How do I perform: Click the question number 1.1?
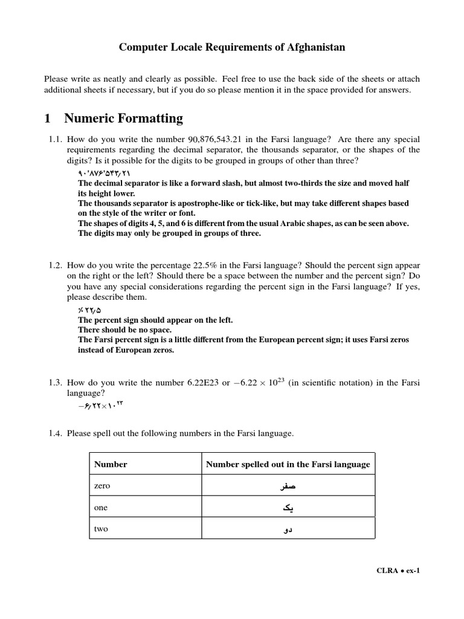pyautogui.click(x=56, y=140)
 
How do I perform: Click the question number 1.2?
pyautogui.click(x=56, y=265)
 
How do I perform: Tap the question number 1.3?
pyautogui.click(x=56, y=383)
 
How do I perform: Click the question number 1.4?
pyautogui.click(x=56, y=433)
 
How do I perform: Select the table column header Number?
pyautogui.click(x=111, y=464)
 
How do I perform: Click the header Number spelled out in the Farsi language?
pyautogui.click(x=288, y=464)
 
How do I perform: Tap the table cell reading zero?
pyautogui.click(x=102, y=486)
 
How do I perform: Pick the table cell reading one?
pyautogui.click(x=101, y=508)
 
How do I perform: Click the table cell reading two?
pyautogui.click(x=101, y=529)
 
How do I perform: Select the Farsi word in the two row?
pyautogui.click(x=288, y=530)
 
